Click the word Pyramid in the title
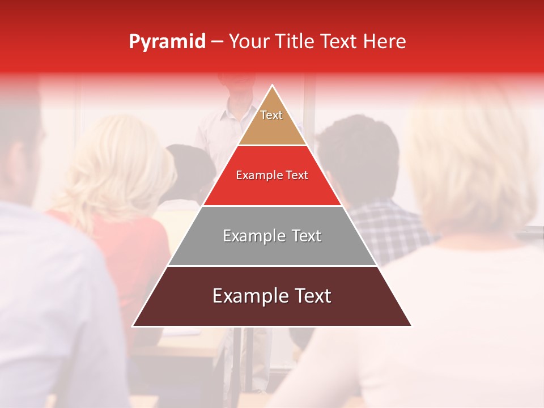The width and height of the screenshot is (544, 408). (x=167, y=42)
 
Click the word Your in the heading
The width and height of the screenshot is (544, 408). (x=249, y=42)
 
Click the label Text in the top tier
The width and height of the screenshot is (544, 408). (x=271, y=115)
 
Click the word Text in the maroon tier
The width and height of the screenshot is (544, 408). (x=309, y=296)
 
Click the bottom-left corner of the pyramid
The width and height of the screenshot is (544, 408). (x=133, y=326)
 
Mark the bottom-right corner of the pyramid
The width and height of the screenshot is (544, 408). (x=411, y=326)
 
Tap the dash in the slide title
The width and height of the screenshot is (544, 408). (x=217, y=42)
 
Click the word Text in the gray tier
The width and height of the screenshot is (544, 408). (x=303, y=236)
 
